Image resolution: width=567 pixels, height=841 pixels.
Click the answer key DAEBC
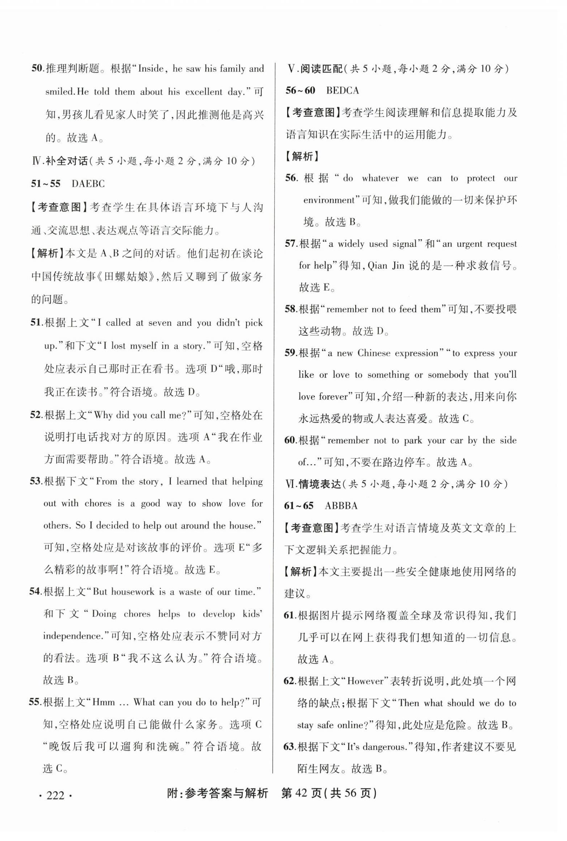coord(88,184)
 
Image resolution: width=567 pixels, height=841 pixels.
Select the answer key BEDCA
coord(342,90)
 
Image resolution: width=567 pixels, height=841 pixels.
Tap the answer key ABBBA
coord(341,505)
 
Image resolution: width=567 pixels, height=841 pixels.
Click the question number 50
coord(37,68)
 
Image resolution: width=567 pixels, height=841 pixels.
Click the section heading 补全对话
coord(67,161)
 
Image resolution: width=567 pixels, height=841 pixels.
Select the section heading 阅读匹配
coord(321,69)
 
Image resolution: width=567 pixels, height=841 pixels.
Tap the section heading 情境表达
coord(320,484)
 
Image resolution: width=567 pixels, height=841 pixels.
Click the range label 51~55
coord(45,184)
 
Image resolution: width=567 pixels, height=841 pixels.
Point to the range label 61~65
coord(299,505)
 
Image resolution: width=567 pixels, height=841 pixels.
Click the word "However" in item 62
coord(366,681)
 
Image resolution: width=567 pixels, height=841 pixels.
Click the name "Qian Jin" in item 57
coord(385,266)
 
